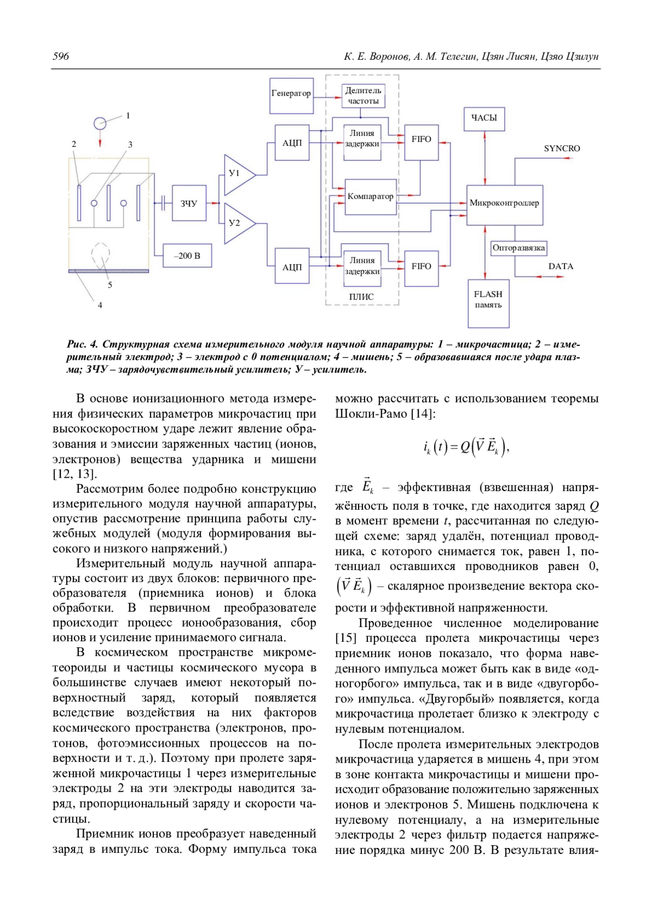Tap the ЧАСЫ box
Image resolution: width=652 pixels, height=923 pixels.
click(484, 118)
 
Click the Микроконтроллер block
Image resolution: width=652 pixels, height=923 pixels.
click(504, 203)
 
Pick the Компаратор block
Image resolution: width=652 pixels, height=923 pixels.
click(371, 197)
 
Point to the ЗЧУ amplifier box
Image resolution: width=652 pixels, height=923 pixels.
click(189, 203)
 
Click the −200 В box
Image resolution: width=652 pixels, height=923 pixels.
click(187, 256)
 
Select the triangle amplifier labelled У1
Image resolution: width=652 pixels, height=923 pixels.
click(237, 174)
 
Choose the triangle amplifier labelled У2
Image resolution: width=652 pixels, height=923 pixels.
click(237, 223)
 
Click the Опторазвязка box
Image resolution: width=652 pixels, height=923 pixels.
click(518, 248)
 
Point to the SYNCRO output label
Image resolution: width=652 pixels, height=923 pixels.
click(562, 148)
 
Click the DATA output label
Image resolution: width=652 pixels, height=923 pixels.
click(561, 267)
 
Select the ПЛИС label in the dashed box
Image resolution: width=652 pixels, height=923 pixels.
click(361, 297)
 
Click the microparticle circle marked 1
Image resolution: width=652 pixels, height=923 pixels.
click(100, 123)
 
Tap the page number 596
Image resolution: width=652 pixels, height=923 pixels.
click(61, 57)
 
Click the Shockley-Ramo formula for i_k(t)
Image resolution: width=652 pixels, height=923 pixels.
click(466, 447)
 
